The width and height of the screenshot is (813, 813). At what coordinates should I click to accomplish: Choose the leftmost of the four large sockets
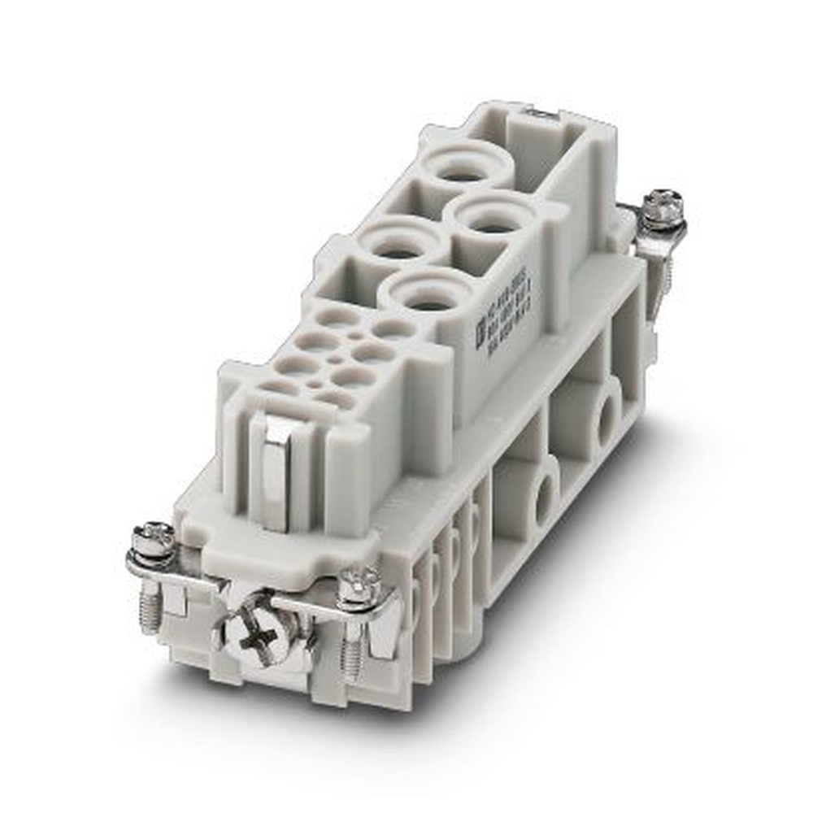tap(397, 241)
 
